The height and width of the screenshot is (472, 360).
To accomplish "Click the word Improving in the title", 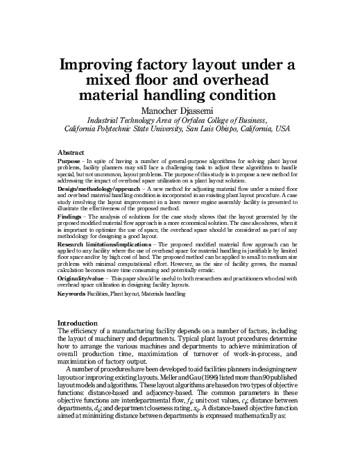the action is coord(103,67).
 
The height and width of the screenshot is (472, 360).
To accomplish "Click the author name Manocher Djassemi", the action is coord(180,109).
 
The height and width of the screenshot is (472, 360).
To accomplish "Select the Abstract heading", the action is coord(71,151).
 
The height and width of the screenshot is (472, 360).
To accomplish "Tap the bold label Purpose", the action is coord(70,160).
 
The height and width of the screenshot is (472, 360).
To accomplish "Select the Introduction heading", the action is coord(78,323).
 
